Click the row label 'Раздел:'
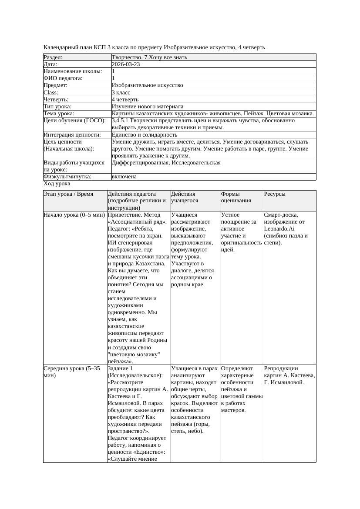(x=53, y=57)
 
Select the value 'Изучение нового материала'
(x=147, y=107)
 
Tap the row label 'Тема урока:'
(x=59, y=114)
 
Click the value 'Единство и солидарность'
(x=144, y=135)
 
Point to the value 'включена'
(x=124, y=177)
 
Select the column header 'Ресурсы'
(x=275, y=194)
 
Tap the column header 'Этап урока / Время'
(x=68, y=194)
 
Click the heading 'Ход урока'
(x=57, y=184)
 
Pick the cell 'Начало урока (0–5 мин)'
(x=74, y=215)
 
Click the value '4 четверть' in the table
(x=125, y=100)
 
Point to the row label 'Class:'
(x=51, y=93)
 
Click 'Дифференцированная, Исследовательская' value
(x=166, y=163)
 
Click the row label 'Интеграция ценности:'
(x=72, y=135)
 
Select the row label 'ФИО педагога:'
(x=63, y=78)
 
